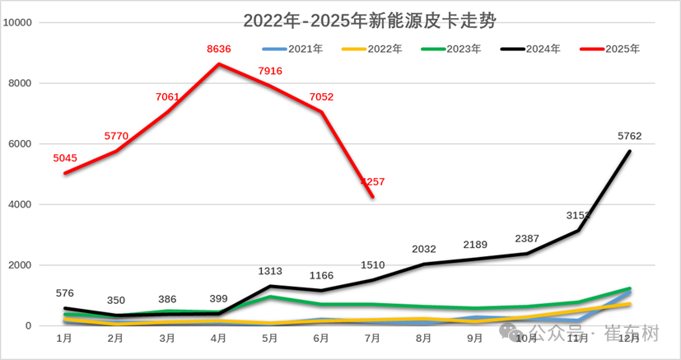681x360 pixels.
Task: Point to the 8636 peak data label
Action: (x=219, y=49)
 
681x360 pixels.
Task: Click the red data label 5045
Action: (x=65, y=158)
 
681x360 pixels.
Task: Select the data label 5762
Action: (x=629, y=136)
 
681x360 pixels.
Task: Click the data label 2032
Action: (x=423, y=249)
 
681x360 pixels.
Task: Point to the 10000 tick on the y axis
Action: (x=17, y=22)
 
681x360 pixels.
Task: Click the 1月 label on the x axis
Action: (x=64, y=338)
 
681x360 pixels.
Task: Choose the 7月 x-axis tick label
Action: (x=372, y=338)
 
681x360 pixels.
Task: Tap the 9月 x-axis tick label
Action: (x=475, y=338)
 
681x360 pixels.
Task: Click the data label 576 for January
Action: (x=65, y=292)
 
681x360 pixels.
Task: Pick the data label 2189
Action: (x=475, y=244)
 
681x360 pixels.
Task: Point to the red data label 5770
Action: (x=117, y=135)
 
